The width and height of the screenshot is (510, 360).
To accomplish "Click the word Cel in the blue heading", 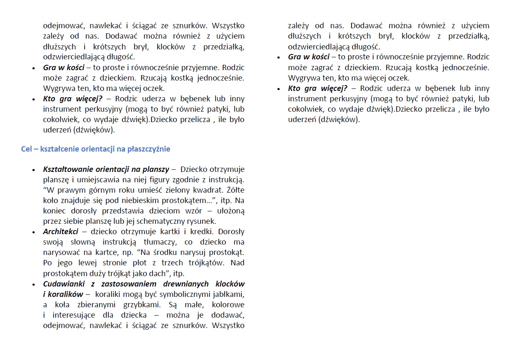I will click(x=27, y=149).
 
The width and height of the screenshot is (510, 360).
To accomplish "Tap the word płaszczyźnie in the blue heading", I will click(x=149, y=149).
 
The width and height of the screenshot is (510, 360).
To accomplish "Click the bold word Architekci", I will click(x=61, y=232).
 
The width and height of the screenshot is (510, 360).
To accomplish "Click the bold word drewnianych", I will click(x=186, y=284).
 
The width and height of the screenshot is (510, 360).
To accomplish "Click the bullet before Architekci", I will click(x=34, y=232).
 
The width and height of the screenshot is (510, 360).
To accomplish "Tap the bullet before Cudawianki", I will click(x=34, y=284).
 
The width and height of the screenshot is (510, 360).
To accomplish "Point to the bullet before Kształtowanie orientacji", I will click(x=34, y=170).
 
